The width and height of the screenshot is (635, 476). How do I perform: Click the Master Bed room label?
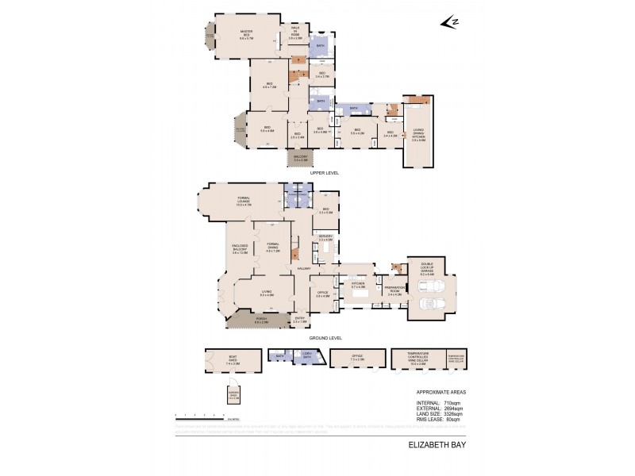246,34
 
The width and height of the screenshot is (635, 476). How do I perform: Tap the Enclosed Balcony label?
241,251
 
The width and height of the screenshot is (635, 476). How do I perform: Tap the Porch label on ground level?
261,321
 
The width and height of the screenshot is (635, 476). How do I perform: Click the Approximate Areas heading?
436,393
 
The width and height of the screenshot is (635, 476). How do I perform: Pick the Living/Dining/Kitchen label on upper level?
418,136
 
